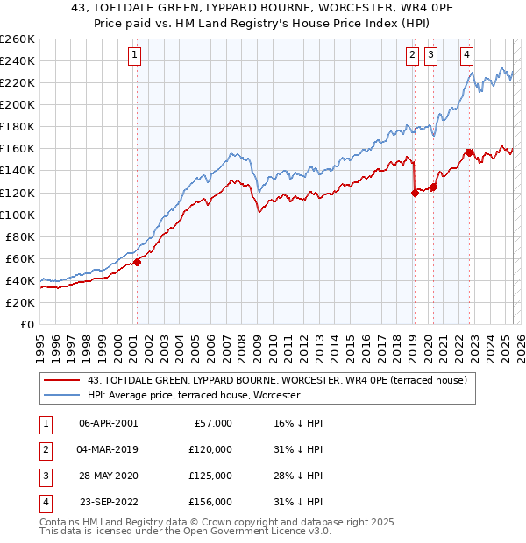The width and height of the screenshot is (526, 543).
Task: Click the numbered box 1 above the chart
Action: pos(135,55)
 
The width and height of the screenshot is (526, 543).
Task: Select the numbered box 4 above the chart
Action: pos(467,55)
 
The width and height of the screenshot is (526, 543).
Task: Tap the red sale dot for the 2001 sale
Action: pos(137,262)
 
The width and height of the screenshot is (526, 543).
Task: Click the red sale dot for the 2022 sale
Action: pos(469,152)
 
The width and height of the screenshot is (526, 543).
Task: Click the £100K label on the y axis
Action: pos(17,215)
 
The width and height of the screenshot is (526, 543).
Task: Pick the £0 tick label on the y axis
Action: pos(27,324)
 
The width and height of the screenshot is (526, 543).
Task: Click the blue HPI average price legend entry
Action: pos(193,395)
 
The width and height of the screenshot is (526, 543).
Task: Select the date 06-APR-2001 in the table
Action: pos(108,423)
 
